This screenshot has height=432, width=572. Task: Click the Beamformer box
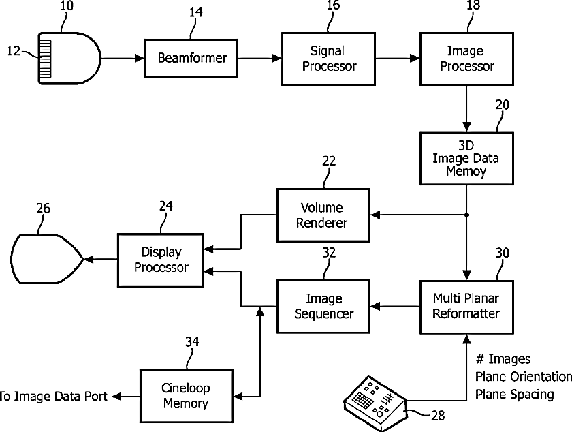[191, 59]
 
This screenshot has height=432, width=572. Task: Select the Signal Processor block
[328, 59]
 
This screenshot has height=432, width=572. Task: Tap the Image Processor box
[466, 59]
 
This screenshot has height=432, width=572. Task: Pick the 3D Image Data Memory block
[466, 158]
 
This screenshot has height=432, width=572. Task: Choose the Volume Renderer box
[322, 215]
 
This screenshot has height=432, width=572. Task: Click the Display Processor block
[161, 260]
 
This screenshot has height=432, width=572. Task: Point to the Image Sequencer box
[322, 306]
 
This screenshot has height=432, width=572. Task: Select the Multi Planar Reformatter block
[466, 306]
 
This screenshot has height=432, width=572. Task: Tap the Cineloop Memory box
[185, 396]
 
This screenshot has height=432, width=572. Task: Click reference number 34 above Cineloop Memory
[192, 341]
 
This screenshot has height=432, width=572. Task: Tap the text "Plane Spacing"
[513, 395]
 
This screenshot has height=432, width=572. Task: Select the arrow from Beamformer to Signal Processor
[259, 59]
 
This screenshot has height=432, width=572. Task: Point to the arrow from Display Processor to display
[100, 259]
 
